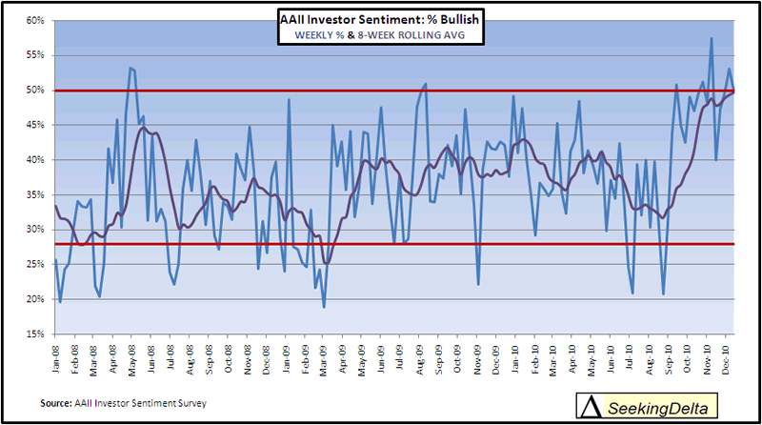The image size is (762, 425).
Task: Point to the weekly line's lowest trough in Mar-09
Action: point(324,307)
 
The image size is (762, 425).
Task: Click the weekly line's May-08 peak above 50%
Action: point(130,68)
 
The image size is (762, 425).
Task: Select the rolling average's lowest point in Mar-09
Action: point(327,263)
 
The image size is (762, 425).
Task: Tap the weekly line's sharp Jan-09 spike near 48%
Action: point(289,99)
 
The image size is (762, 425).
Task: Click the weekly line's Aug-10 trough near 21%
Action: point(663,293)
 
